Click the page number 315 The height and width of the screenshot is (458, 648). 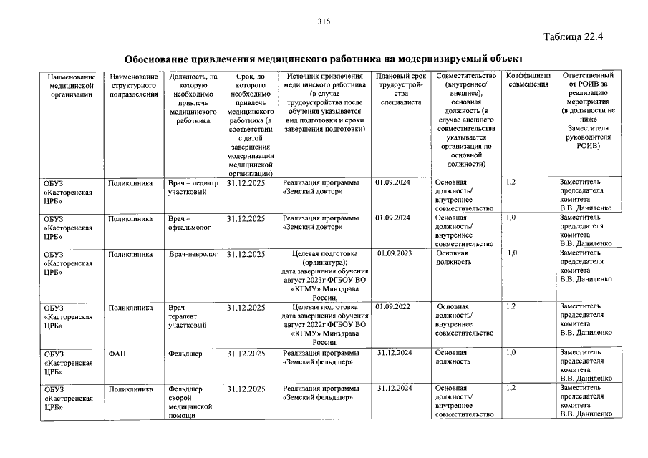click(x=324, y=21)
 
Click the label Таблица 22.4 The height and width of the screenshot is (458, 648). click(x=574, y=37)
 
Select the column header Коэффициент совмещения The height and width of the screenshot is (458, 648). click(x=528, y=80)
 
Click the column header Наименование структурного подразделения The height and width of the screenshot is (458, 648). click(x=134, y=85)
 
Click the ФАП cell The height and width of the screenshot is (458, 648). click(x=117, y=354)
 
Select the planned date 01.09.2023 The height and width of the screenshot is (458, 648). click(x=395, y=253)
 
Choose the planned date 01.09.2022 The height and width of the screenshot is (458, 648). click(x=392, y=307)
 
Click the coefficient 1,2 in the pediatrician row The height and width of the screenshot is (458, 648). click(x=511, y=182)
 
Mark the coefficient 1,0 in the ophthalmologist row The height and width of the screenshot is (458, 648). click(x=511, y=218)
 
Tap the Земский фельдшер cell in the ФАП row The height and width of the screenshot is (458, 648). click(x=318, y=358)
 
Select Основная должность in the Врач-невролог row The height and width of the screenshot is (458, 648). click(x=453, y=258)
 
